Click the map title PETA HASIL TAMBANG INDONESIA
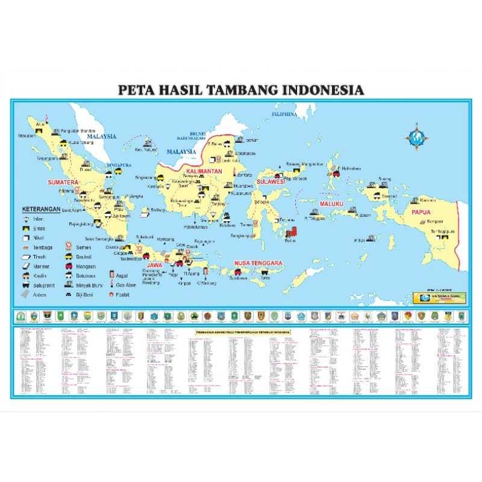(241, 90)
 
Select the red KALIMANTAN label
(204, 172)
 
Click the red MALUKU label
(331, 204)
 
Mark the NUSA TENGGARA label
(258, 263)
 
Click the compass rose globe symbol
(415, 136)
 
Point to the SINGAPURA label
(118, 164)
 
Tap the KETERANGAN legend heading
(42, 209)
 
